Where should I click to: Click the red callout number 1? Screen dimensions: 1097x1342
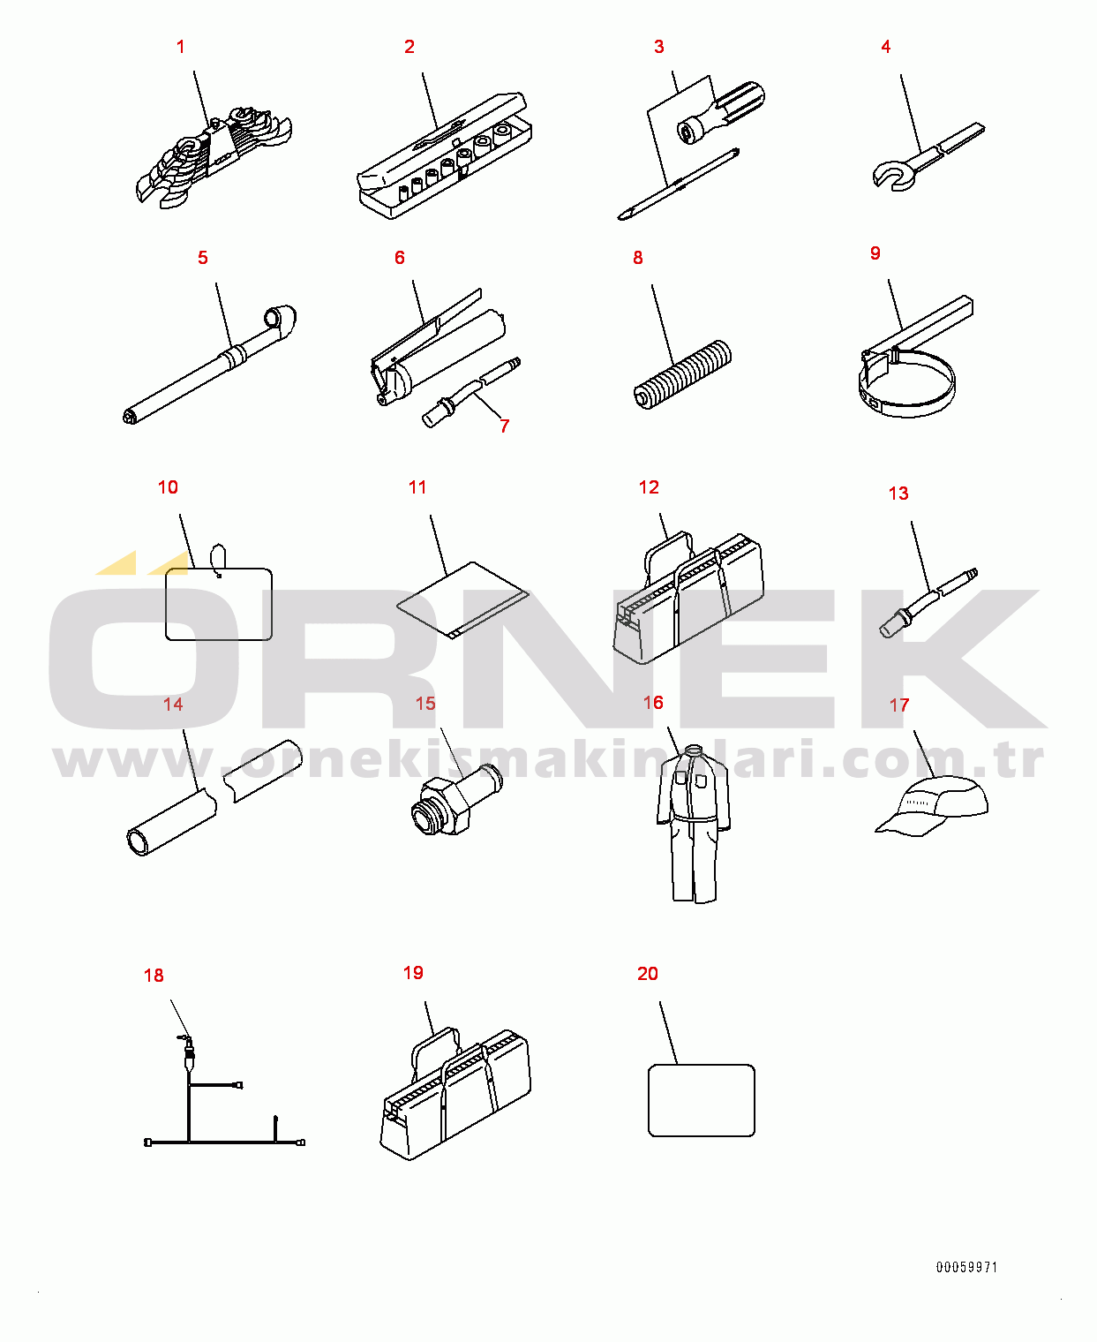[181, 47]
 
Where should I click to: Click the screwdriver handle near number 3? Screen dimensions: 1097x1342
[722, 112]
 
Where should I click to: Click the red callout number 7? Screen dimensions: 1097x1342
[504, 426]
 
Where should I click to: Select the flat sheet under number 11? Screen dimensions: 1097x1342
[462, 600]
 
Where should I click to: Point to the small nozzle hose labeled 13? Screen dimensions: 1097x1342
[928, 603]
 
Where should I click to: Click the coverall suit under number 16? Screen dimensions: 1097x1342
[693, 824]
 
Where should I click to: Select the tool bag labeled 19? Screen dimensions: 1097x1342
[455, 1095]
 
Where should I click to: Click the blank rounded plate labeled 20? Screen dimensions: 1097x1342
[702, 1100]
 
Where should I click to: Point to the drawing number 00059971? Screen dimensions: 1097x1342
[966, 1267]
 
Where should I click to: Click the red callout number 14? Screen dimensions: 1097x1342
[173, 705]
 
